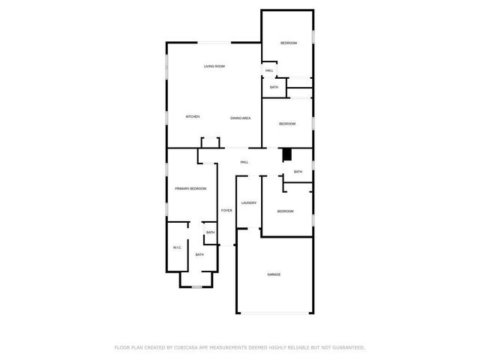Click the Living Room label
(214, 67)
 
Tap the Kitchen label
(193, 117)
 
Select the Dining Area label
(240, 118)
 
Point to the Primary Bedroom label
(190, 188)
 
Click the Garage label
(274, 274)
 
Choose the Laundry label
(249, 202)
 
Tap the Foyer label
(226, 210)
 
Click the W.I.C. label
(177, 247)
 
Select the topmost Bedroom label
(289, 43)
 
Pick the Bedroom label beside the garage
(286, 211)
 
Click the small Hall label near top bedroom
(268, 71)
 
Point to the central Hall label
(244, 162)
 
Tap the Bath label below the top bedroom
(274, 88)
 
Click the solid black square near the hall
(286, 154)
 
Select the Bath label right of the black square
(298, 172)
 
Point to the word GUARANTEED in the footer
(345, 347)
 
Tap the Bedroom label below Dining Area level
(288, 124)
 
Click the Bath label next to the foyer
(210, 232)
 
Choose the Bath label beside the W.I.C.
(199, 255)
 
